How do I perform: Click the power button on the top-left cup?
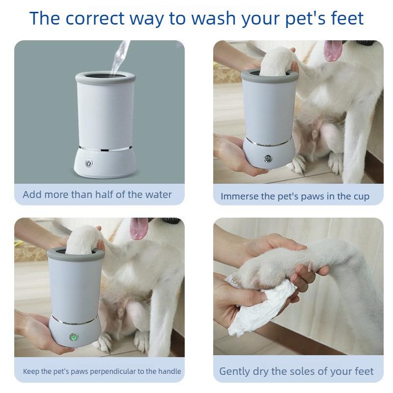(x=89, y=163)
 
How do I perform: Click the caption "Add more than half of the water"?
(x=97, y=195)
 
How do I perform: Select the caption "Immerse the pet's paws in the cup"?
(x=295, y=196)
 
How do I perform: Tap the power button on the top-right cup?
(x=268, y=159)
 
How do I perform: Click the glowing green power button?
(x=74, y=337)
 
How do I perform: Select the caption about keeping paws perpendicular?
(x=102, y=371)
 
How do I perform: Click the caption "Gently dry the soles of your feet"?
(x=296, y=371)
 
